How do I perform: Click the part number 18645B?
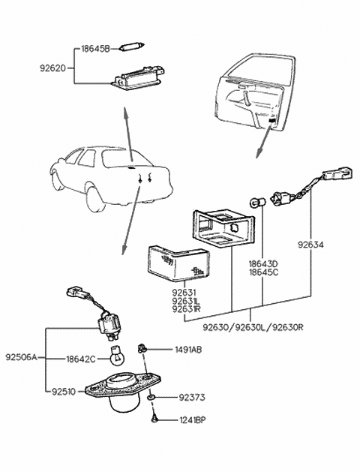coord(96,48)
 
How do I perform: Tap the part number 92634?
coord(310,245)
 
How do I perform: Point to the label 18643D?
coord(264,264)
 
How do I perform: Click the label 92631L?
coord(186,300)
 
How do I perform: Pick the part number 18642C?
coord(80,359)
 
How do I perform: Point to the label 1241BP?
coord(193,422)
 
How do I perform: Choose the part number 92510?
coord(66,390)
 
